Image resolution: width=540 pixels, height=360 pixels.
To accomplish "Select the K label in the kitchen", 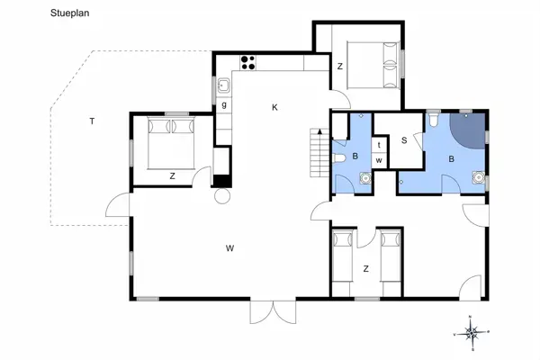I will (x=274, y=108).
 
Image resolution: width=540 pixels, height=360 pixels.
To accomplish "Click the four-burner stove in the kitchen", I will (x=247, y=62).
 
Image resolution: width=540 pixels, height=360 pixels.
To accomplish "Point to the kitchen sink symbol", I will (x=222, y=87).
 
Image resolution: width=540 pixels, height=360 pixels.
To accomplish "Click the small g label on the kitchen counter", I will (x=223, y=105).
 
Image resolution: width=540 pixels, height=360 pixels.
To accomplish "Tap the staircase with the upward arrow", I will (x=318, y=152).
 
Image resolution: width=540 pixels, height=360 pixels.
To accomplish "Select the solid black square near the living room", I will (x=222, y=179).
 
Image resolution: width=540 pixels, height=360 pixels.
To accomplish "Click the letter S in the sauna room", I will (x=404, y=140).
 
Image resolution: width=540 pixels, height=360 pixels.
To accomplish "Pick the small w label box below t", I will (x=380, y=160).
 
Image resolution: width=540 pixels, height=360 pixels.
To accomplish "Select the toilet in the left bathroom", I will (x=339, y=157).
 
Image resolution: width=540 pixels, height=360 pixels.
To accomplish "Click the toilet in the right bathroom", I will (x=433, y=119).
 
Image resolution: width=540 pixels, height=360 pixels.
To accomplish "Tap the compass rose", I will (x=472, y=332).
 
